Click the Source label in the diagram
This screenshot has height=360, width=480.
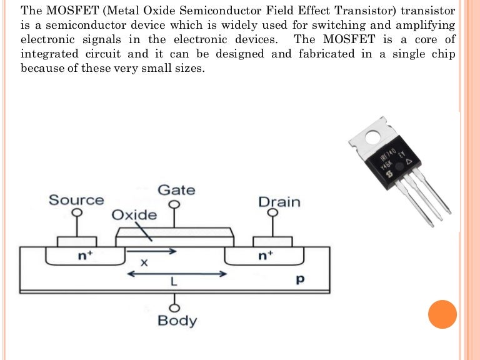[76, 200]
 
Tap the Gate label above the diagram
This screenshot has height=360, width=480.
[176, 189]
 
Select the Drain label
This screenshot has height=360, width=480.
[279, 202]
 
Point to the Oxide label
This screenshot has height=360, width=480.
[134, 215]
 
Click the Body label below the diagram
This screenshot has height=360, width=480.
[177, 321]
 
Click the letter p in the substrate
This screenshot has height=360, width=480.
[299, 279]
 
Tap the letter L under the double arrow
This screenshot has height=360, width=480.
[174, 282]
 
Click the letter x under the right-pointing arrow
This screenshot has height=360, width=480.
[144, 263]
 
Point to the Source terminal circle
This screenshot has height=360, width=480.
[77, 212]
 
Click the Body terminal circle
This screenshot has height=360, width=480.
[176, 307]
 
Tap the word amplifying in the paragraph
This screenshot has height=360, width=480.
[417, 26]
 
